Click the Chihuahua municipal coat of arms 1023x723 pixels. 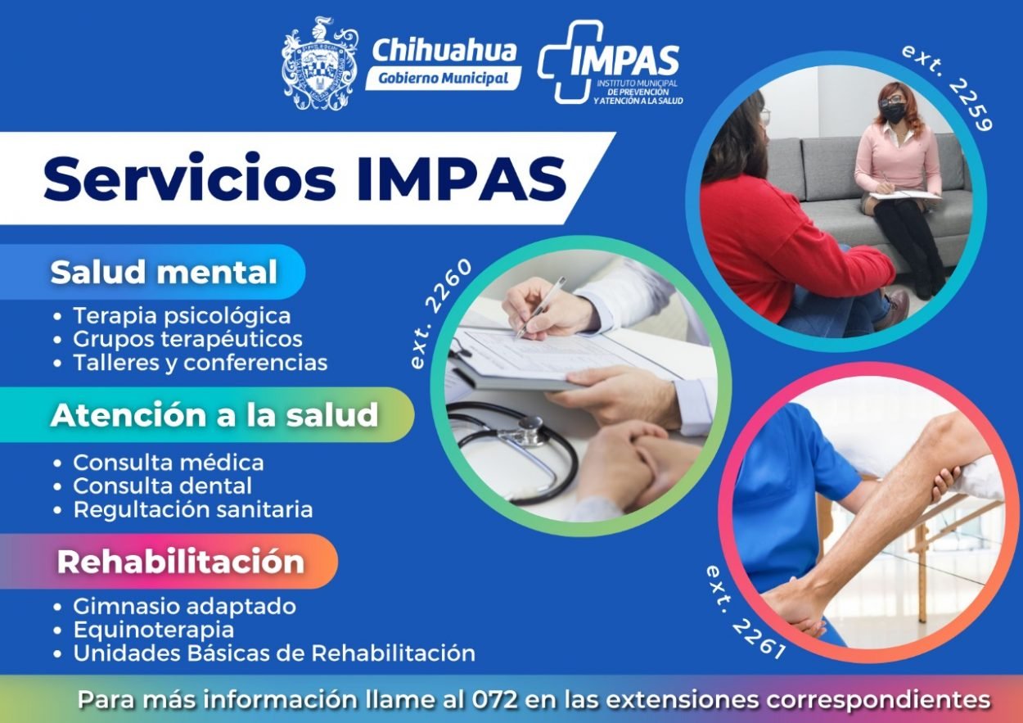tap(319, 64)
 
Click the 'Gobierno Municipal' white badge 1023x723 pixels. tap(443, 78)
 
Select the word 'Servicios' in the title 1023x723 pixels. tap(190, 178)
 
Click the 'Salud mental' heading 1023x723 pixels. tap(164, 273)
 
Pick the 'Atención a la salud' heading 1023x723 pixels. tap(214, 415)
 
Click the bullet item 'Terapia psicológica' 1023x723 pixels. tap(182, 316)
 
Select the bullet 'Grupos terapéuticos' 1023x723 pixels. tap(187, 340)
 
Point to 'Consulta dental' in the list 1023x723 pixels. tap(163, 486)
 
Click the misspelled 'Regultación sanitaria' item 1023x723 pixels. tap(193, 510)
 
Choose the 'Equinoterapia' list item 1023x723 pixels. tap(154, 630)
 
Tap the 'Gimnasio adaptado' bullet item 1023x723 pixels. tap(184, 607)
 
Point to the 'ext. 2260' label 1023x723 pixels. tap(439, 314)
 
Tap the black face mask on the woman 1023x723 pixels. tap(893, 112)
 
